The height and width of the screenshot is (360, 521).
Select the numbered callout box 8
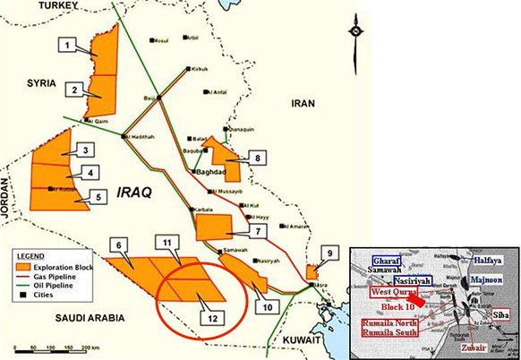258,158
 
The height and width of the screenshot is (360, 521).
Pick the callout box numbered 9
329,254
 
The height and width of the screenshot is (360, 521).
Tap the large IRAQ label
136,192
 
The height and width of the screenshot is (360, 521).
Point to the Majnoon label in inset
489,280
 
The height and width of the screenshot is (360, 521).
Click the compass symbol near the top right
356,30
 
